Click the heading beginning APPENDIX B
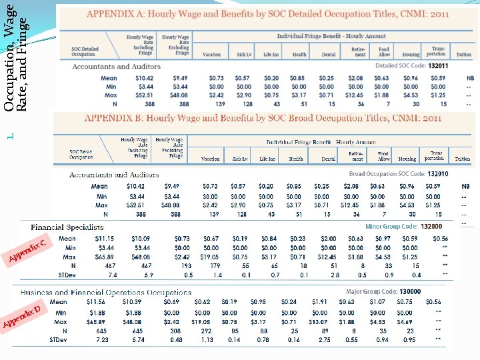coord(263,118)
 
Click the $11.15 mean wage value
coord(105,238)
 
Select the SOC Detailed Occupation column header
coord(85,51)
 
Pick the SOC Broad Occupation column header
coord(81,155)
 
